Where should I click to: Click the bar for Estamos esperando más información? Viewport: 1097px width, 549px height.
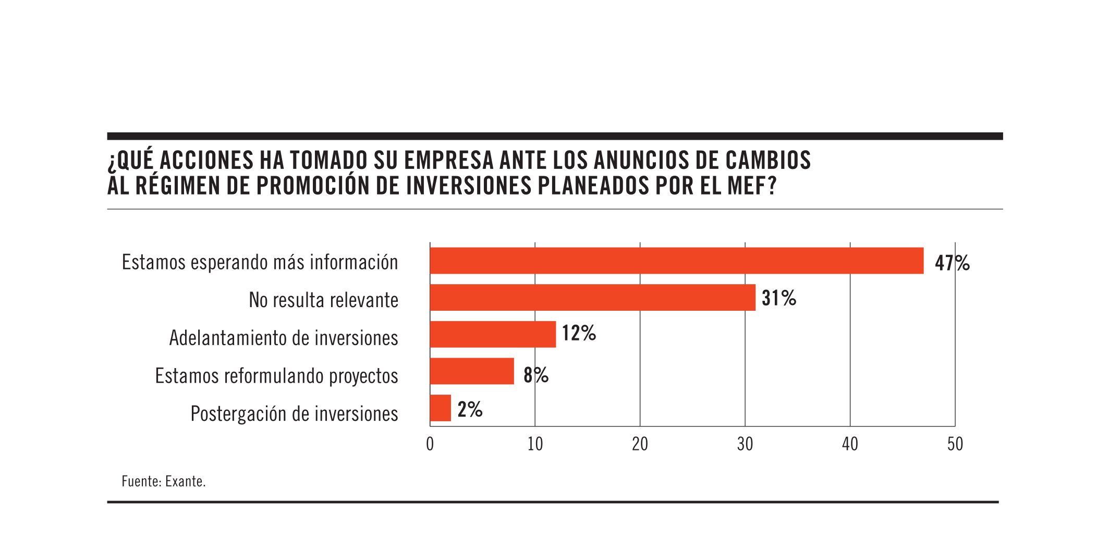click(x=676, y=261)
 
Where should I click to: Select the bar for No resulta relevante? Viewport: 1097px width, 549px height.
click(x=592, y=297)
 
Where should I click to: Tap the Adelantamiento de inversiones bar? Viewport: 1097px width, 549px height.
click(x=493, y=334)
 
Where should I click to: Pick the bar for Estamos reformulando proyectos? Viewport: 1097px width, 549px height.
click(x=471, y=371)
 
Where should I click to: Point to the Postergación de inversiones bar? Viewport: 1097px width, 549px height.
click(x=440, y=408)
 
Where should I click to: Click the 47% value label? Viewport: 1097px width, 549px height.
click(x=952, y=263)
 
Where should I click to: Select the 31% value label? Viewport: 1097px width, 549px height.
click(x=778, y=298)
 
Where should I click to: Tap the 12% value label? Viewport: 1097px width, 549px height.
click(x=578, y=333)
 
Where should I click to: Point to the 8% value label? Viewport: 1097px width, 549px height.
click(x=535, y=375)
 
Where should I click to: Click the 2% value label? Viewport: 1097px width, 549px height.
click(x=469, y=409)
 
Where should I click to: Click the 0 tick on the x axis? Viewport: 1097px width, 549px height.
click(x=430, y=444)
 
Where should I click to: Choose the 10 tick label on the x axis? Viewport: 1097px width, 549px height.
click(x=535, y=444)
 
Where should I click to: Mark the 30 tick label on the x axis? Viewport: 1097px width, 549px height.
click(x=745, y=444)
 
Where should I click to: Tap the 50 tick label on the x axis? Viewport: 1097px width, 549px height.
click(x=955, y=444)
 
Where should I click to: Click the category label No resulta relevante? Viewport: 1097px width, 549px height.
click(x=323, y=300)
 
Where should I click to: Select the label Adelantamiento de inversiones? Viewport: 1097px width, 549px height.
click(x=283, y=338)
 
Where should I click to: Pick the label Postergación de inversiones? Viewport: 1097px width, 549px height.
click(x=294, y=414)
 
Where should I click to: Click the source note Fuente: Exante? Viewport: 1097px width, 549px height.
click(x=163, y=481)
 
